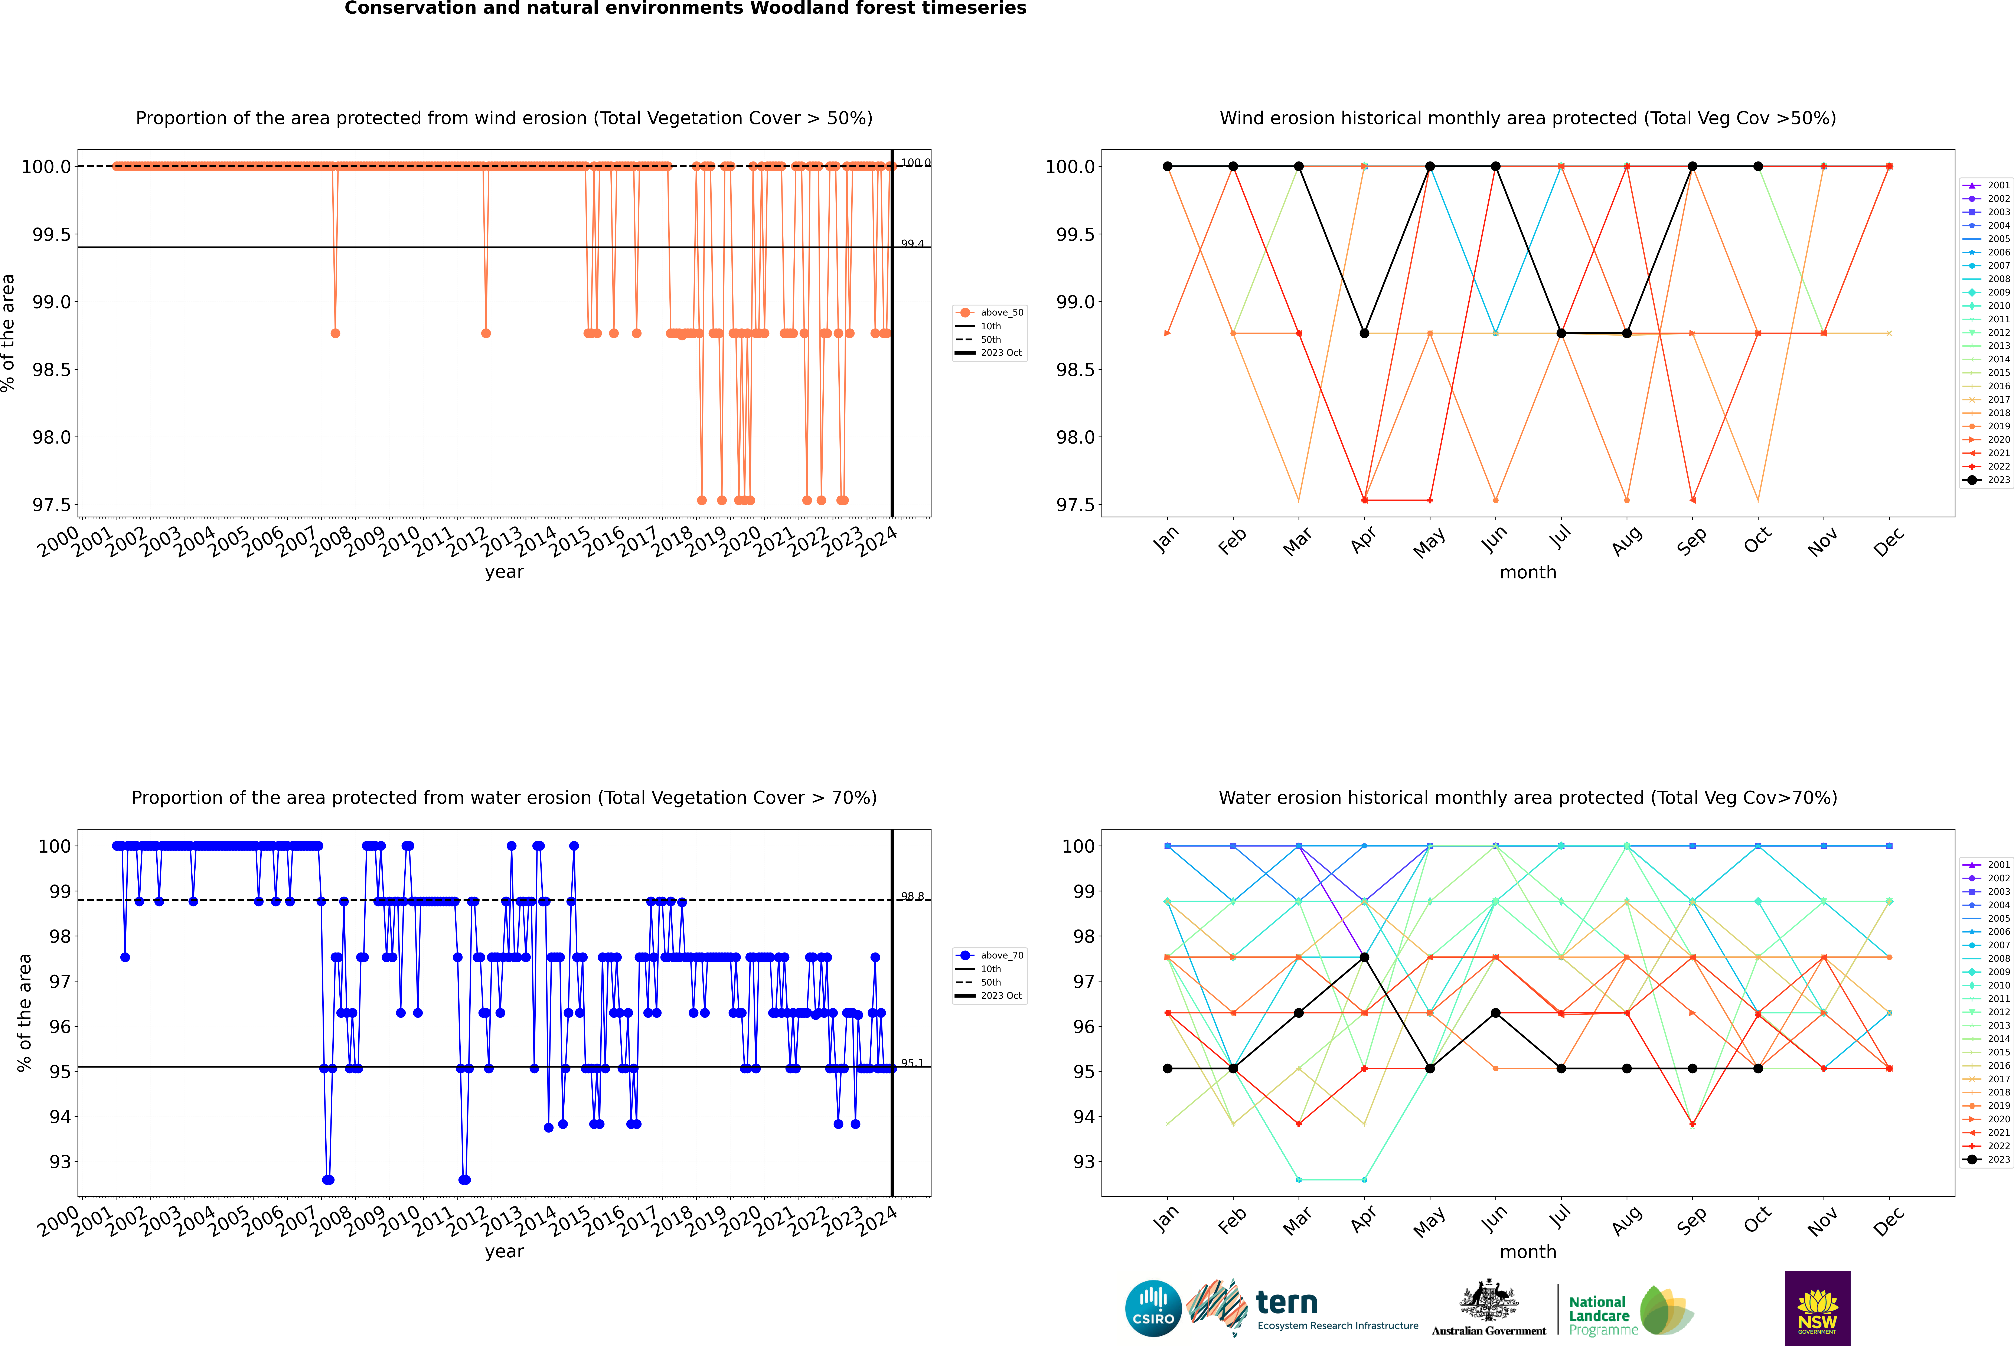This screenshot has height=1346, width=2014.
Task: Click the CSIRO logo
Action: (x=1153, y=1308)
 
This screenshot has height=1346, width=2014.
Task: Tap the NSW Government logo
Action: (x=1817, y=1308)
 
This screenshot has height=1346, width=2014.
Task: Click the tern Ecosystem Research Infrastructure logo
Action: (x=1302, y=1308)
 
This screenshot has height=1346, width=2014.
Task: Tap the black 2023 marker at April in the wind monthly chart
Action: (x=1364, y=333)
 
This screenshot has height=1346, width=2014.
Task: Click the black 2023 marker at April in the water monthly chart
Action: (x=1364, y=957)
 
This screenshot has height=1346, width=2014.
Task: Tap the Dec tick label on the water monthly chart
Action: (x=1889, y=1221)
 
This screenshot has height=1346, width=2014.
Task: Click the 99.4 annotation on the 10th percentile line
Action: (x=912, y=244)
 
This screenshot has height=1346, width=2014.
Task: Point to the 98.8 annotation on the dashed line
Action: (x=912, y=896)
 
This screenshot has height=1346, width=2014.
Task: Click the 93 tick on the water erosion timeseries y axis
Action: (x=60, y=1162)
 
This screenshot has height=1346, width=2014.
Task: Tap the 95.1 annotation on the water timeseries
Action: (x=912, y=1063)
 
